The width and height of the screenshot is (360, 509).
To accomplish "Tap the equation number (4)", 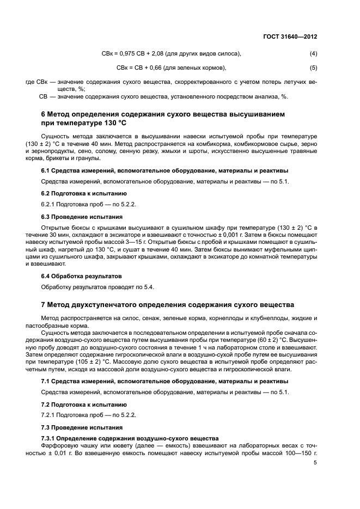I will pyautogui.click(x=313, y=53).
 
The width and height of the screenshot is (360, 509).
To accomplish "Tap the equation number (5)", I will pyautogui.click(x=313, y=68).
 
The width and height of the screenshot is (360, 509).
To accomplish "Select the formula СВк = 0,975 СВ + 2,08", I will pyautogui.click(x=135, y=53).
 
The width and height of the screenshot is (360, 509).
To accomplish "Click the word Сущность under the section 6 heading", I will pyautogui.click(x=57, y=136).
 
